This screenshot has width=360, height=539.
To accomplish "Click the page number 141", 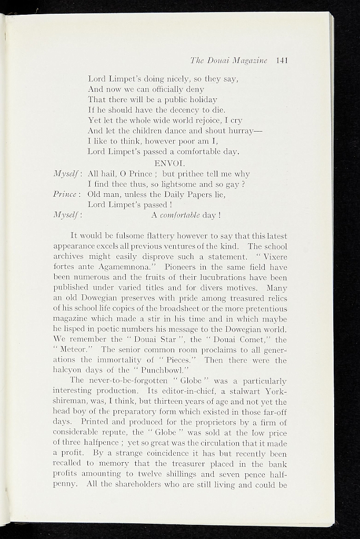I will click(x=281, y=60).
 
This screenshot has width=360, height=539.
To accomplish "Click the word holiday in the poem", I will click(x=197, y=99).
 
